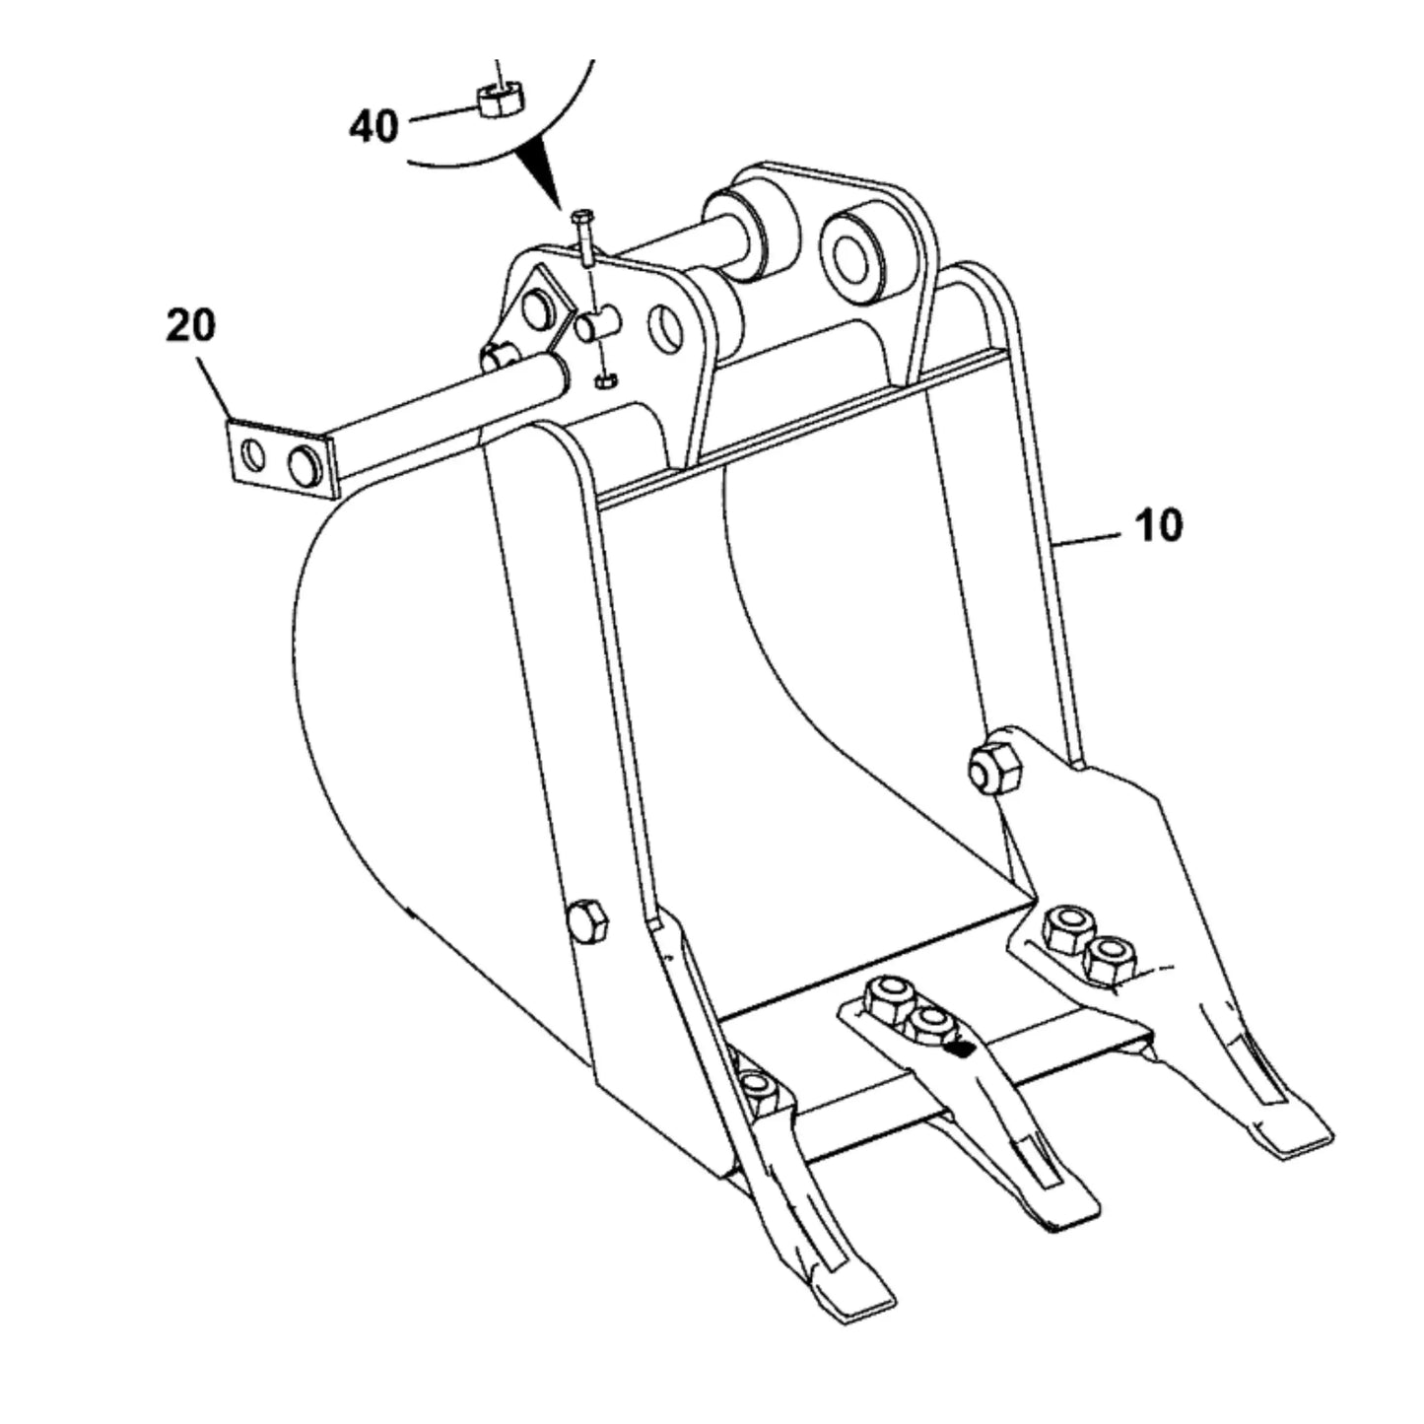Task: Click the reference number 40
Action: pos(373,125)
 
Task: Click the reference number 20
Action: pos(190,326)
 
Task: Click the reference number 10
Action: pos(1159,525)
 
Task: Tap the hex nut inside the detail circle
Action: pos(502,100)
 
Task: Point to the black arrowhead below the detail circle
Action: pos(540,171)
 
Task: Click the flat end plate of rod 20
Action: pos(280,458)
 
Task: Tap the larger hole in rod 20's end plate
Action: pos(305,465)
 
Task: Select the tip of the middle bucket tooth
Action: pos(1064,1220)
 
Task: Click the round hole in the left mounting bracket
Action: pos(664,329)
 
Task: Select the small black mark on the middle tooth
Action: pos(959,1048)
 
